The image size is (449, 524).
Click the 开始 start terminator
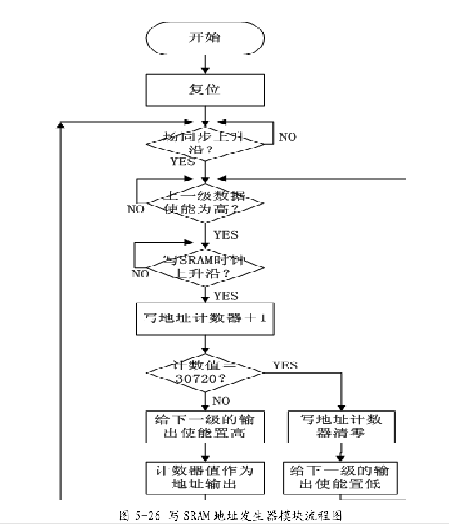pos(204,38)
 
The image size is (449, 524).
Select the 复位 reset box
pos(204,90)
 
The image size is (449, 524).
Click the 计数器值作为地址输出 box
pos(204,477)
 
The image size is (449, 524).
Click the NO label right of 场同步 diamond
pos(288,137)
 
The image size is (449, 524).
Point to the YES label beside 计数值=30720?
pos(285,365)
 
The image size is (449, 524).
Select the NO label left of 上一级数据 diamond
pos(135,209)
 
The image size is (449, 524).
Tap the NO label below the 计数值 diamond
pos(222,400)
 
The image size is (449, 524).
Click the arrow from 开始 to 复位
pos(204,64)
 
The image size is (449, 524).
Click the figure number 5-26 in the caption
pos(140,513)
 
